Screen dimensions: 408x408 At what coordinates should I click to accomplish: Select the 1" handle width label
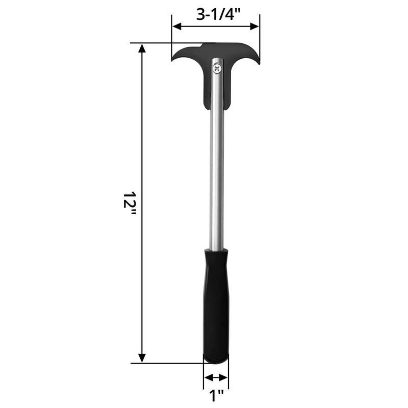pyautogui.click(x=216, y=395)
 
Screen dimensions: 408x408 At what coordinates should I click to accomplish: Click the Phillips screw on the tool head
pyautogui.click(x=218, y=68)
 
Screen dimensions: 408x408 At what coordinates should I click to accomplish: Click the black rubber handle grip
pyautogui.click(x=216, y=306)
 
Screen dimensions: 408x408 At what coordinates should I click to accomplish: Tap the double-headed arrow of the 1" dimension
pyautogui.click(x=216, y=377)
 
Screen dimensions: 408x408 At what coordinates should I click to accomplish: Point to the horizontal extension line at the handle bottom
pyautogui.click(x=168, y=363)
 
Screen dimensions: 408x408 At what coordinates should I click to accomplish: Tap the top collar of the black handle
pyautogui.click(x=216, y=253)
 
